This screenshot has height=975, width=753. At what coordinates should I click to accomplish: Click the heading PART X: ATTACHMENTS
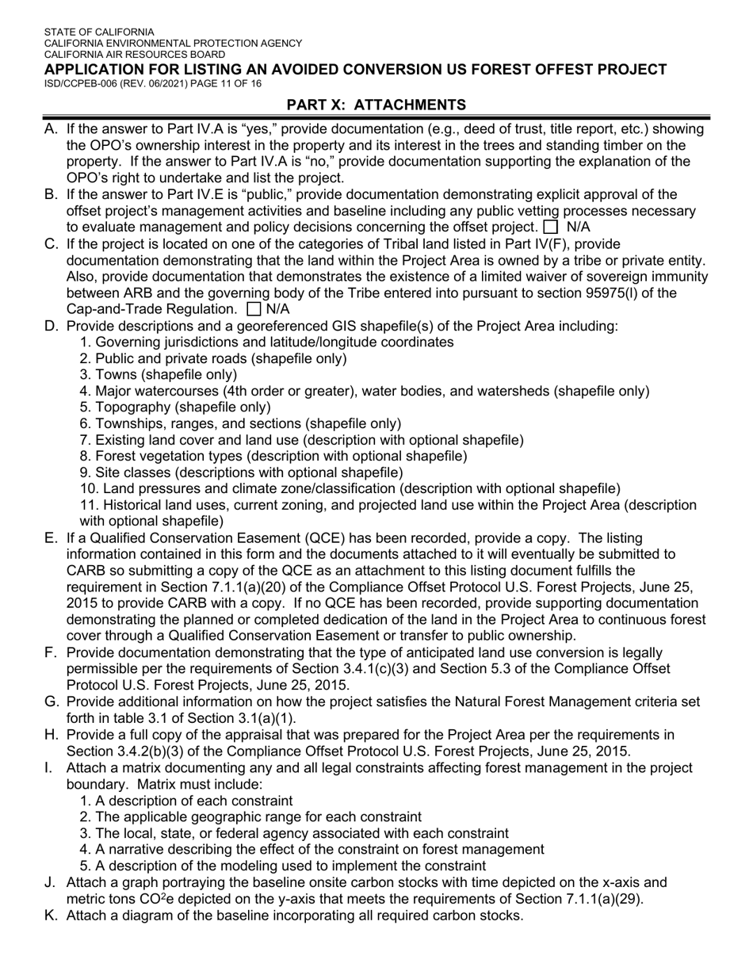(376, 105)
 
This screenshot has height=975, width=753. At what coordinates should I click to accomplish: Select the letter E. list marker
(51, 538)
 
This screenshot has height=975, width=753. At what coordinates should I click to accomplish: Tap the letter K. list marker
(51, 916)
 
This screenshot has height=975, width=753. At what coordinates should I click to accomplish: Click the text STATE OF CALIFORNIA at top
(100, 32)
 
